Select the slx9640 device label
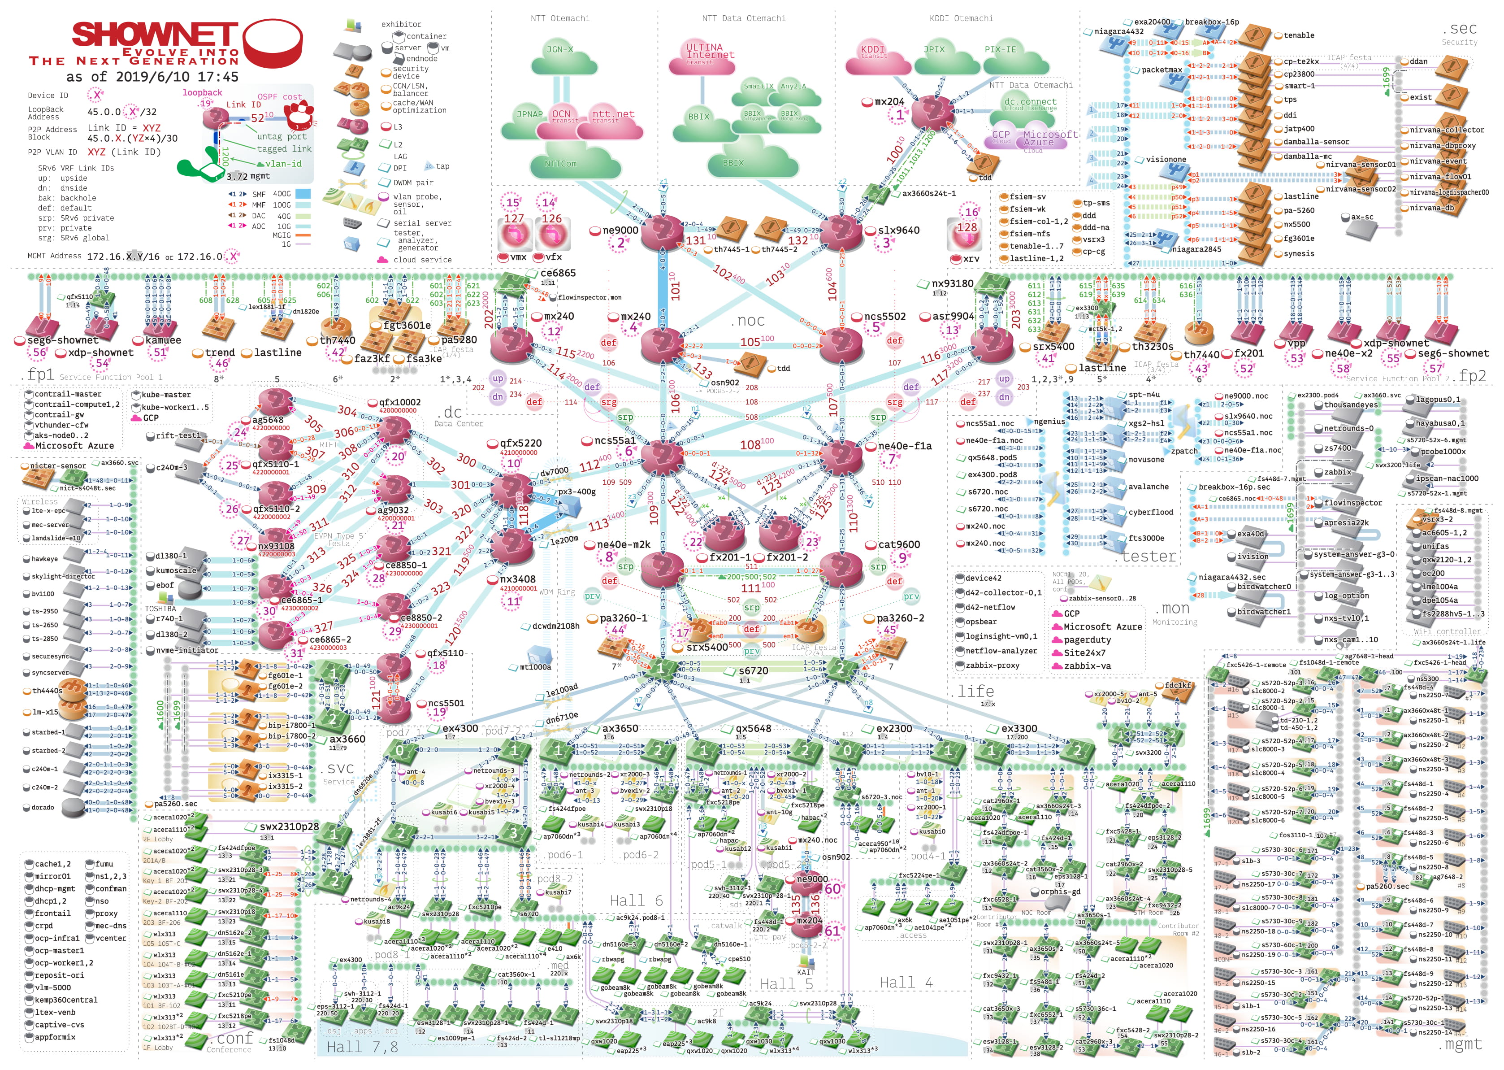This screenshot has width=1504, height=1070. [x=898, y=231]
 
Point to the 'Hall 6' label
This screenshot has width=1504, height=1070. [x=636, y=900]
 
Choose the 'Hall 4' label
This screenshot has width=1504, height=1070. [x=906, y=983]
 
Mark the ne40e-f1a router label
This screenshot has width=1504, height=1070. [x=905, y=446]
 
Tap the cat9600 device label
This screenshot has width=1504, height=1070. [x=899, y=545]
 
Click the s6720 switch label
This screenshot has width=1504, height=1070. [x=753, y=671]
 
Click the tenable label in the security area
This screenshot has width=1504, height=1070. [x=1299, y=35]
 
